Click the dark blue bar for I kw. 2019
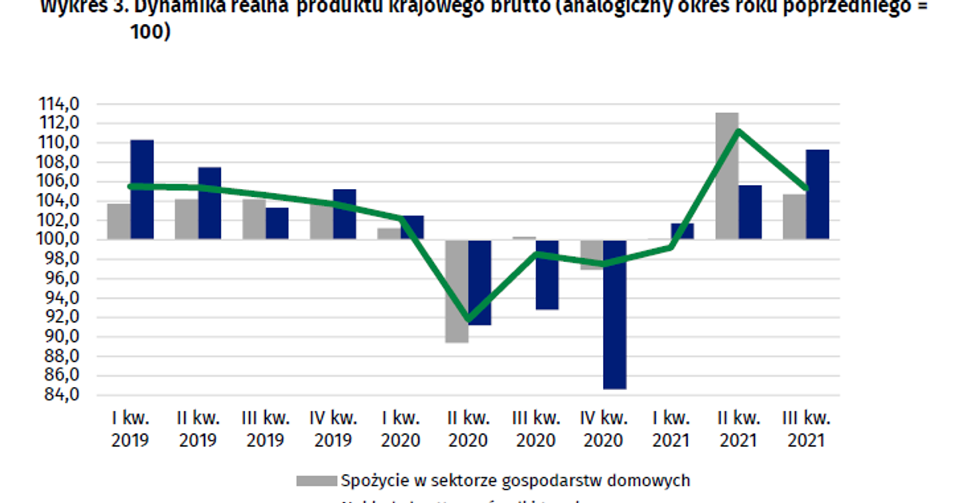click(142, 189)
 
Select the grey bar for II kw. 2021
click(727, 175)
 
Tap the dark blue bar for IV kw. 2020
click(615, 314)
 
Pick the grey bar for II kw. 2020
click(456, 291)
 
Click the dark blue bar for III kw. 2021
click(818, 194)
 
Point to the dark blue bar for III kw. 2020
click(547, 274)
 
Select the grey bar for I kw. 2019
click(119, 221)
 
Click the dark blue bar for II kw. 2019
click(210, 203)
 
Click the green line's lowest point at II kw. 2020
click(468, 320)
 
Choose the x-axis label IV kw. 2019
click(332, 429)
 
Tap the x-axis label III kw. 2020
click(535, 429)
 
